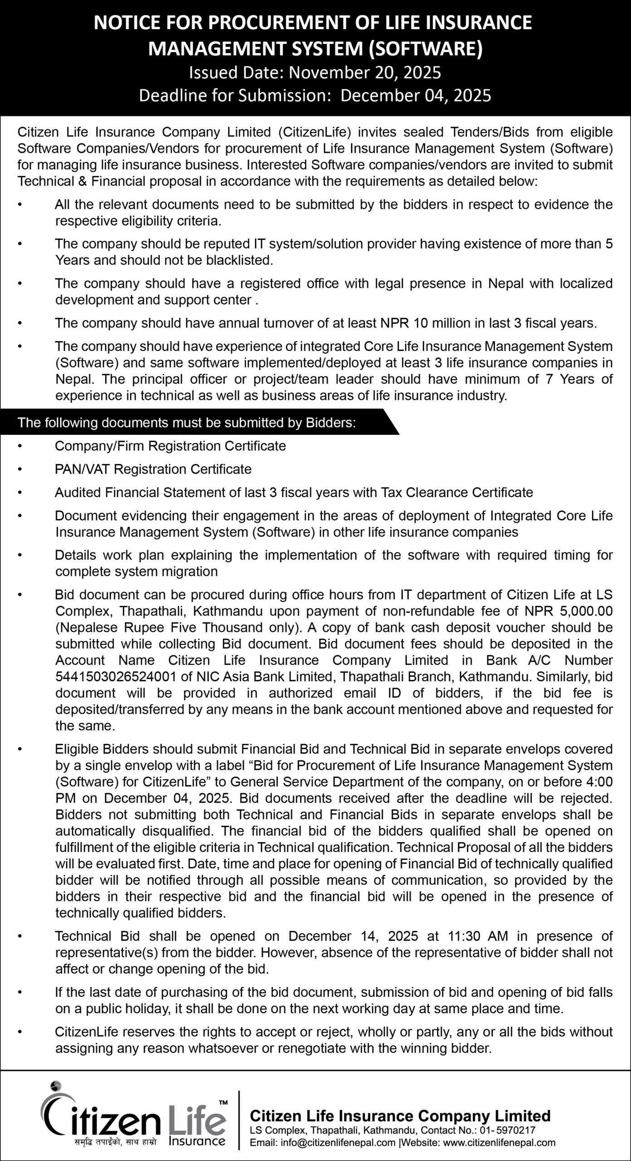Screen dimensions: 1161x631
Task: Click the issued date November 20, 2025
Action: [365, 73]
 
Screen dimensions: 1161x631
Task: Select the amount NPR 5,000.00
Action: [568, 611]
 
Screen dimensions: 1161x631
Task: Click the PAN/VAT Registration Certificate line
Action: [153, 469]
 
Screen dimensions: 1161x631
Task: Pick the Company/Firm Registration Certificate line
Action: [170, 446]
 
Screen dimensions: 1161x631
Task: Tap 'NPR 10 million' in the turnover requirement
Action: [422, 323]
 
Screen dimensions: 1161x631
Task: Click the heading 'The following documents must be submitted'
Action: [186, 423]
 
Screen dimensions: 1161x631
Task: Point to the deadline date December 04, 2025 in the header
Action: [416, 96]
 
